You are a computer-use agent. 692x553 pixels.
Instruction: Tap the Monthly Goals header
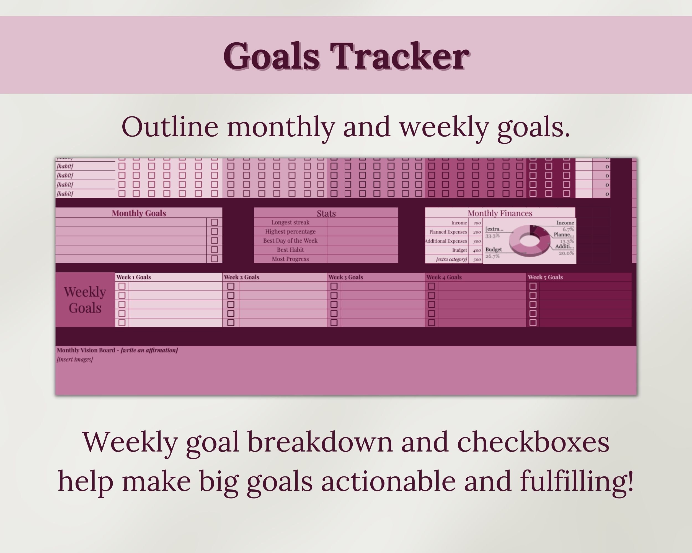point(139,213)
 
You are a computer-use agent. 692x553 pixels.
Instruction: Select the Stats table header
point(326,213)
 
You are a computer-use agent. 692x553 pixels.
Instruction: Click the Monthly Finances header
point(500,213)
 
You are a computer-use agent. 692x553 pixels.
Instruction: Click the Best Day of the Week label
point(290,241)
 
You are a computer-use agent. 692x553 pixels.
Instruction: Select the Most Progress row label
point(290,259)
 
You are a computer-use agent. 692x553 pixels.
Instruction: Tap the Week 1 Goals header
point(133,277)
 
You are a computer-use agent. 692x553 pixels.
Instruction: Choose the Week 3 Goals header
point(346,277)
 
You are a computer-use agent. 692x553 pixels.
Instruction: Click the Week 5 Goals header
point(545,277)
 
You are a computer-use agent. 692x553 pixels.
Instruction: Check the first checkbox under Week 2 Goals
point(231,286)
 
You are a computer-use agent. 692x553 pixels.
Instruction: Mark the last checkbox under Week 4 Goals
point(431,322)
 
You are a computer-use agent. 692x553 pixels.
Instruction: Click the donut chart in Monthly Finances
point(530,241)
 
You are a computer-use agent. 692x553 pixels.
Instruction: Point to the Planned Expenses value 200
point(477,232)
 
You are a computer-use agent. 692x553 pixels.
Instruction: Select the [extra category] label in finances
point(451,259)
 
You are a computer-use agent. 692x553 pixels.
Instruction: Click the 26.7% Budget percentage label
point(492,256)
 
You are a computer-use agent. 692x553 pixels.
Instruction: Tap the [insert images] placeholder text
point(75,359)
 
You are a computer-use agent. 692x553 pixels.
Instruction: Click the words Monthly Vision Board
point(86,350)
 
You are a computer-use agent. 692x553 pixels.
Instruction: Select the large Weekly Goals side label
point(85,300)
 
